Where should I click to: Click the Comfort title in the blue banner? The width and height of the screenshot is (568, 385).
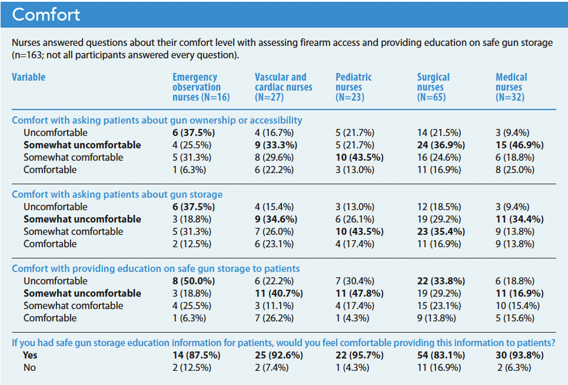tap(46, 15)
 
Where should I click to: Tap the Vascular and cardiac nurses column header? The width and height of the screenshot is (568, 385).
tap(283, 87)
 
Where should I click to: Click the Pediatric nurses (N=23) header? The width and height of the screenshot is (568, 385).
tap(354, 87)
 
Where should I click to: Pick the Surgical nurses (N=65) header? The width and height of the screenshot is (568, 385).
tap(434, 87)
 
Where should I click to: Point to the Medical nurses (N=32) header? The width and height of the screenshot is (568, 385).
tap(511, 87)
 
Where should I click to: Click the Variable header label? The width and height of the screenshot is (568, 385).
tap(28, 77)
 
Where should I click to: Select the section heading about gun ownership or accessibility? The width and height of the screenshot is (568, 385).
tap(157, 120)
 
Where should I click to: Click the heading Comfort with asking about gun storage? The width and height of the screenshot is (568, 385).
tap(117, 194)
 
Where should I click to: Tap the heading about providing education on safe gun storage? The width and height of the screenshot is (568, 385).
tap(156, 268)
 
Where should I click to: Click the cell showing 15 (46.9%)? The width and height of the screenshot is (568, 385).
tap(519, 145)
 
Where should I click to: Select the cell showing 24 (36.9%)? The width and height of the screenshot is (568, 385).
tap(441, 145)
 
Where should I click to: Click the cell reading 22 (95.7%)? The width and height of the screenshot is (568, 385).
tap(360, 355)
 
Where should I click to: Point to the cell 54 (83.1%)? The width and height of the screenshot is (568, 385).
tap(441, 355)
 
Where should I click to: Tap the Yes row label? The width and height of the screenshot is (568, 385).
tap(30, 355)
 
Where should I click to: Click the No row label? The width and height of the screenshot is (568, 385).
tap(29, 367)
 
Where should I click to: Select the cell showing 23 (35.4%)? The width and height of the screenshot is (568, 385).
tap(441, 231)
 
